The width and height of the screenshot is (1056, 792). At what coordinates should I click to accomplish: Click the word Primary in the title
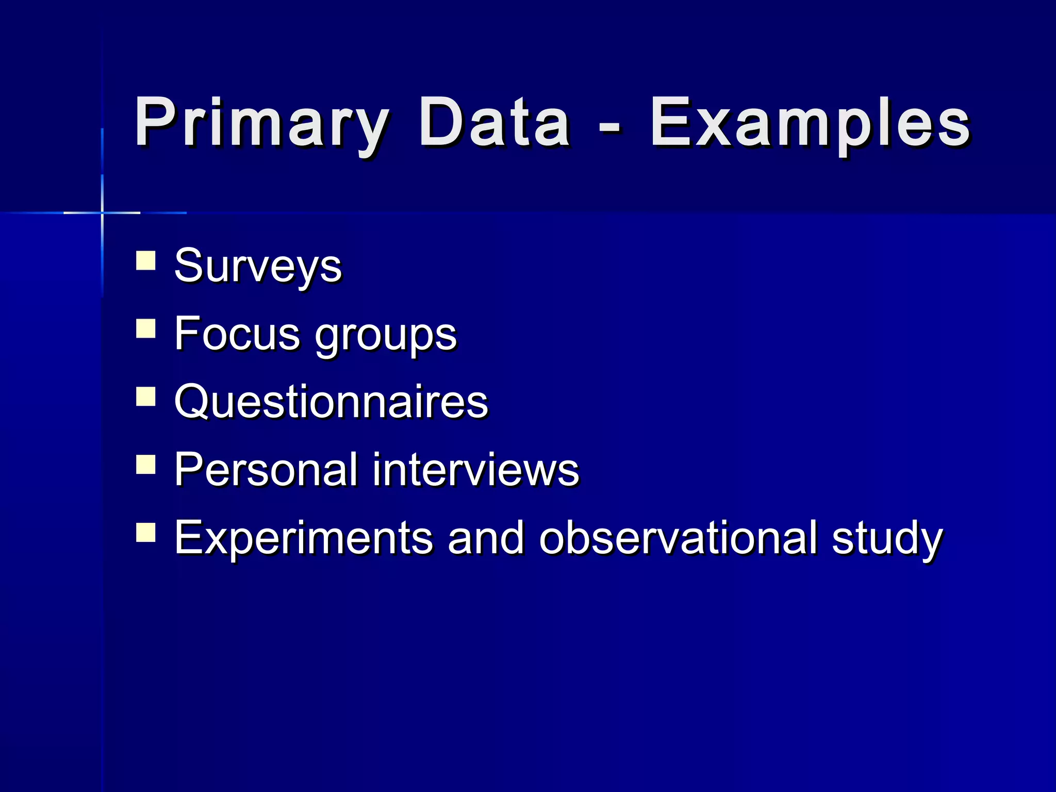pos(261,124)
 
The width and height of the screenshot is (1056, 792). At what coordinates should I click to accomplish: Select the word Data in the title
pos(494,124)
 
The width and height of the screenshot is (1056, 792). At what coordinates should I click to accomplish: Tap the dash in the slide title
pos(610,126)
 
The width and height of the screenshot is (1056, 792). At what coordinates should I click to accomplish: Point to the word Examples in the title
pos(810,124)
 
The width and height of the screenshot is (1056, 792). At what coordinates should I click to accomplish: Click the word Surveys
pos(258,267)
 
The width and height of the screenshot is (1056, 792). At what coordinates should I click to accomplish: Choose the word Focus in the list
pos(237,334)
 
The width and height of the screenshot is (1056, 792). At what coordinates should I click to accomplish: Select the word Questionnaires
pos(331,402)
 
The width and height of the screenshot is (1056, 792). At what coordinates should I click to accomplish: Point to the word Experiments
pos(303,538)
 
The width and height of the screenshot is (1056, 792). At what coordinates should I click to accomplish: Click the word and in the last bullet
pos(486,537)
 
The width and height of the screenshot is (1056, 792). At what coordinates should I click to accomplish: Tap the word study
pos(887,539)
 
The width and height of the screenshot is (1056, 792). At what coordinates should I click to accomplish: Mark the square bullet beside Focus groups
pos(146,328)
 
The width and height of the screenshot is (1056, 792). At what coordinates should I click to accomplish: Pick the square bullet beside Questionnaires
pos(146,397)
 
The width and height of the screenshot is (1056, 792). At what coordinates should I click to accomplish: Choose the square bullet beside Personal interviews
pos(146,464)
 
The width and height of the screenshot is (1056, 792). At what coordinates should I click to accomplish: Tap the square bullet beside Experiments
pos(146,532)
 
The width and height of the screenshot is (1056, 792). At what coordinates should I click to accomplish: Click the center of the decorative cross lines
pos(102,212)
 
